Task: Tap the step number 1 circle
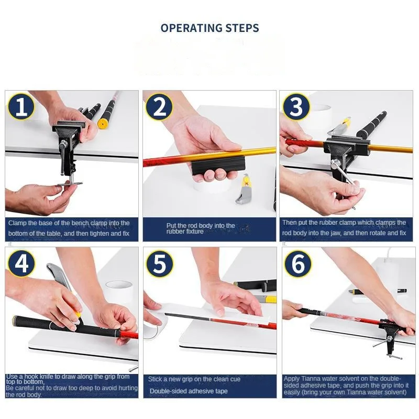(21, 107)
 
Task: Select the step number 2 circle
(159, 107)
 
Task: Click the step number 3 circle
(296, 107)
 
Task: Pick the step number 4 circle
(21, 263)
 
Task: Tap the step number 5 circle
(159, 263)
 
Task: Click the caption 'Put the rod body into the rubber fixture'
(201, 228)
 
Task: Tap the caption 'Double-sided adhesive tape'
(189, 391)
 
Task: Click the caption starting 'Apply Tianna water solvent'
(345, 385)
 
